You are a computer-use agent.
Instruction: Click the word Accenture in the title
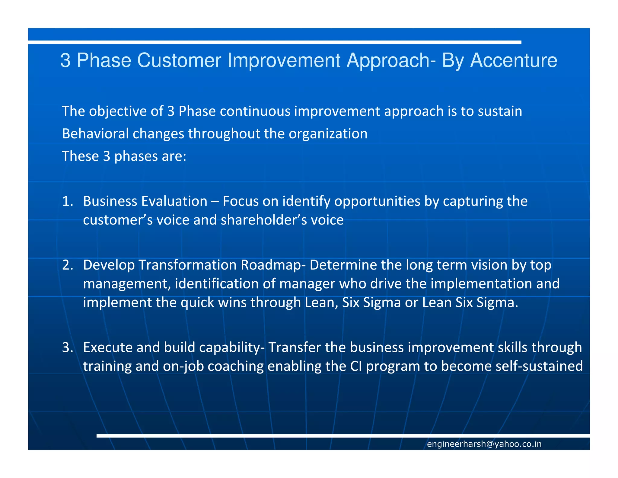(514, 60)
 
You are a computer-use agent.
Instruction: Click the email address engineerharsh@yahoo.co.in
(484, 444)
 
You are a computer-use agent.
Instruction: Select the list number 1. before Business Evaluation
(68, 201)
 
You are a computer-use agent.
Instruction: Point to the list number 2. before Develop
(68, 265)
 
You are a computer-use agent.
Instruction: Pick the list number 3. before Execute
(68, 347)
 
